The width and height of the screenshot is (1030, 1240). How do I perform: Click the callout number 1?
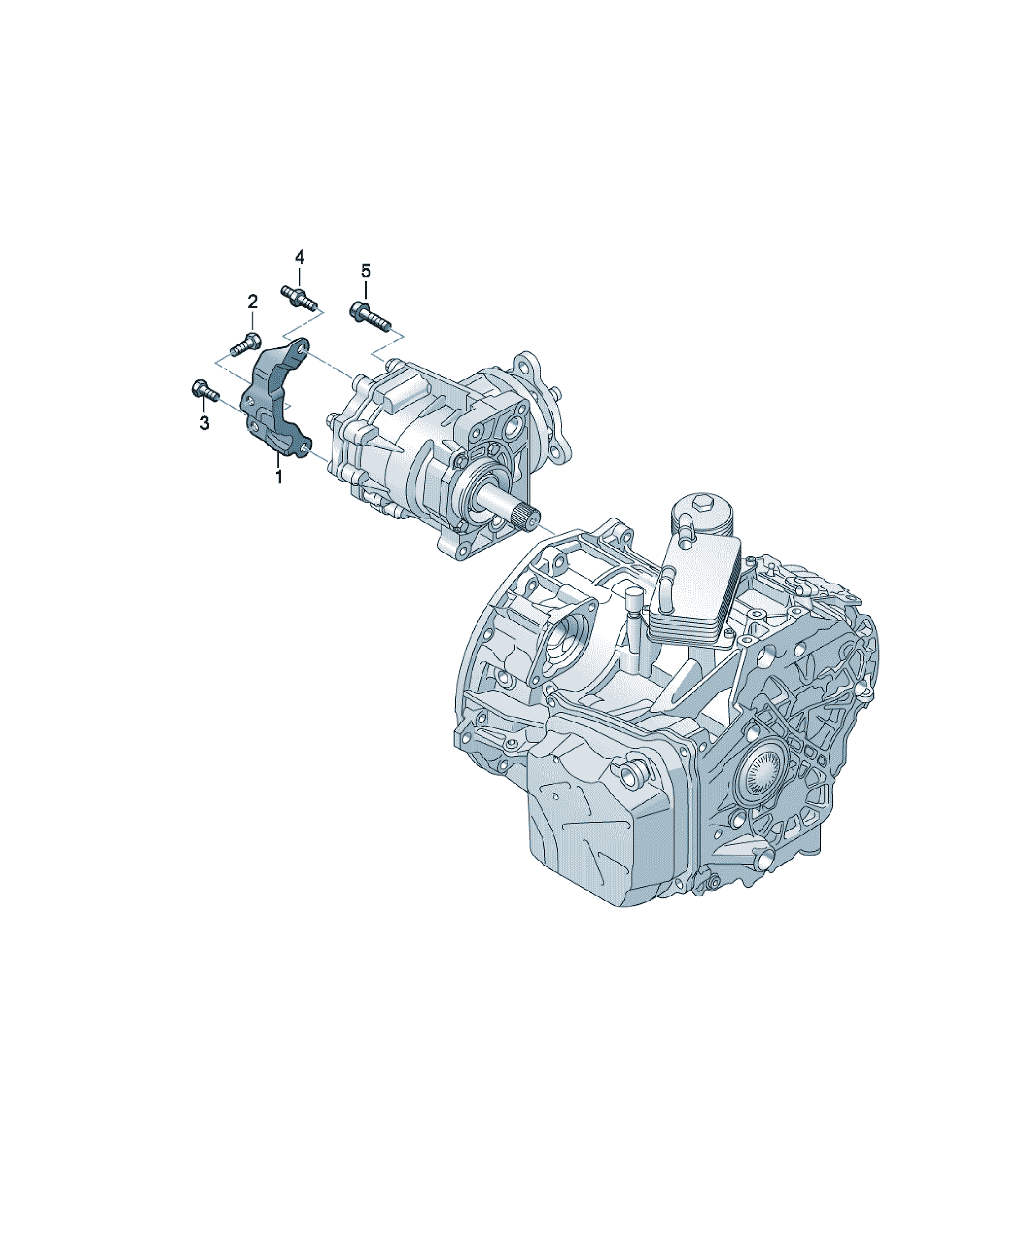[279, 476]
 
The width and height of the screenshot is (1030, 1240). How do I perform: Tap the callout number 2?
[252, 302]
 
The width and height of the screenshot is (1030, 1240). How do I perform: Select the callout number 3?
[204, 423]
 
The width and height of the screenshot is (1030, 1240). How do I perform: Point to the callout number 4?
[299, 257]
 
